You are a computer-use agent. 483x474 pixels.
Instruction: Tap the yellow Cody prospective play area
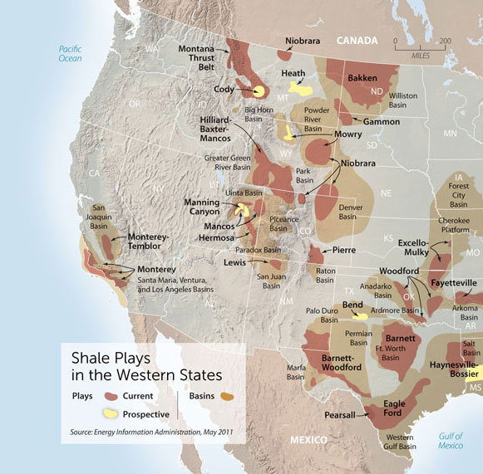pos(259,91)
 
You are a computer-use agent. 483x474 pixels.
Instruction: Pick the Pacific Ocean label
pos(70,53)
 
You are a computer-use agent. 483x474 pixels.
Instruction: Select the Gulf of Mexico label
pos(451,441)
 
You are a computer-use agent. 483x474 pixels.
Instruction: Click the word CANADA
pos(357,40)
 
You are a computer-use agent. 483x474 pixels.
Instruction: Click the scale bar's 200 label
pos(446,40)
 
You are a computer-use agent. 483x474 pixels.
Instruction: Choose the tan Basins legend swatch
pos(225,397)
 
